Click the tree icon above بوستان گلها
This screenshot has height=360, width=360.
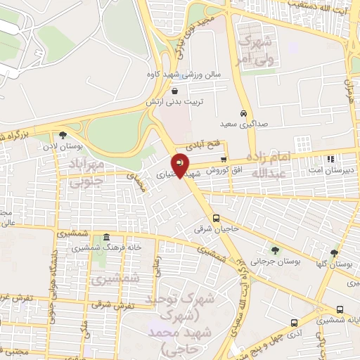[333, 253]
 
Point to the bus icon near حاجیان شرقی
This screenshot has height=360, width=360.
[217, 217]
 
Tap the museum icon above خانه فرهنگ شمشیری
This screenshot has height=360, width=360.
[106, 238]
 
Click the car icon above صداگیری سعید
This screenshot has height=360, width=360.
[243, 114]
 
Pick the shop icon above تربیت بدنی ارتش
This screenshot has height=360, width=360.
[174, 90]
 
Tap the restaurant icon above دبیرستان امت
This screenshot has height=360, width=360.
[330, 159]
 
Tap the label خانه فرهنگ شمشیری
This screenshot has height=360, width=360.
[106, 248]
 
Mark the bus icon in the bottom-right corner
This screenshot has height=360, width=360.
[340, 310]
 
